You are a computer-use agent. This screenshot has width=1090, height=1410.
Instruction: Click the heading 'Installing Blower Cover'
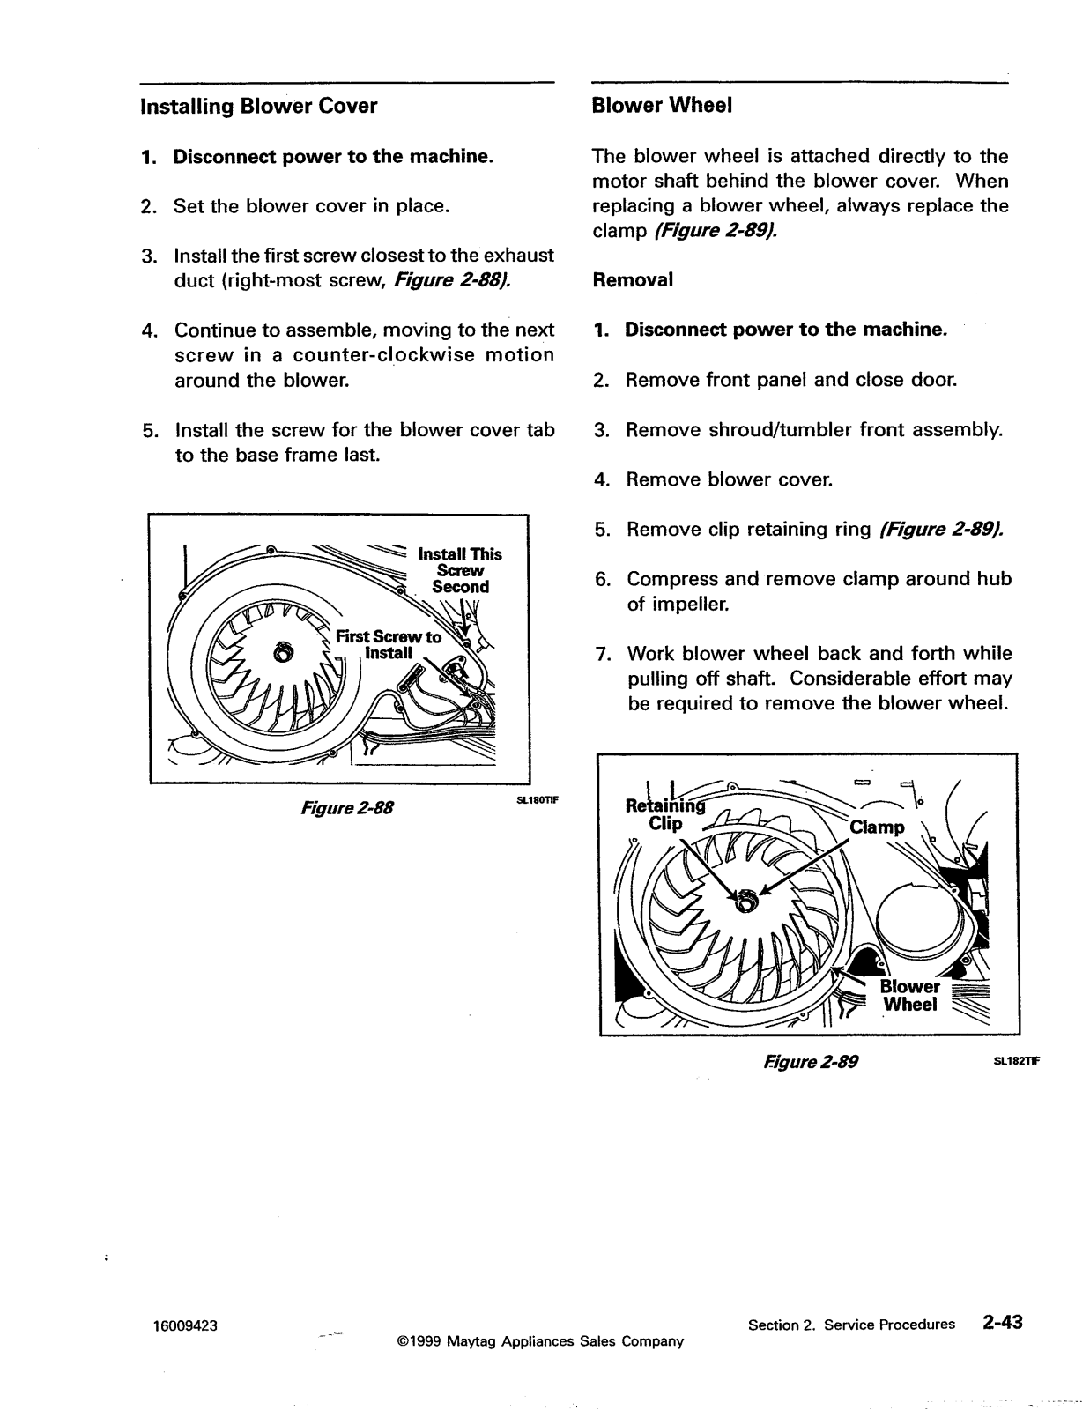coord(258,107)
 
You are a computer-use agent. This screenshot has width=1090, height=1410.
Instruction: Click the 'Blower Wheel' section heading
coord(662,106)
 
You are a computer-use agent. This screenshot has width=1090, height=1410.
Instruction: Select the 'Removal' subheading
coord(633,280)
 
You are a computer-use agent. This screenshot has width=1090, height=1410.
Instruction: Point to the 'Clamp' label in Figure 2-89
coord(877,827)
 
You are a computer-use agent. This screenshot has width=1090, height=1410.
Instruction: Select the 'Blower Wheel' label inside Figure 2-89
coord(909,996)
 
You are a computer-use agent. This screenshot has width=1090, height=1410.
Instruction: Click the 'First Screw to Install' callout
coord(389,644)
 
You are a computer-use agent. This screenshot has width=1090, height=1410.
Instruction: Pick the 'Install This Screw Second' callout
coord(460,570)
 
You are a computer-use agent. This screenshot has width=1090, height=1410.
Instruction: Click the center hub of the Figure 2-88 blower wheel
coord(283,654)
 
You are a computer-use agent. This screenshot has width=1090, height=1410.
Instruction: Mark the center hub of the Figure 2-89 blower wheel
coord(746,902)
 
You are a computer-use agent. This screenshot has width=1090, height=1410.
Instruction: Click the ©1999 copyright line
coord(540,1341)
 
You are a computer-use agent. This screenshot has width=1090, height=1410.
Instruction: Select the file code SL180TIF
coord(538,800)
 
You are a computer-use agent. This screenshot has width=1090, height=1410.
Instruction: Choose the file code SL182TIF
coord(1018,1061)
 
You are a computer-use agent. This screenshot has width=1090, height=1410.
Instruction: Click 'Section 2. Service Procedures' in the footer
coord(851,1325)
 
